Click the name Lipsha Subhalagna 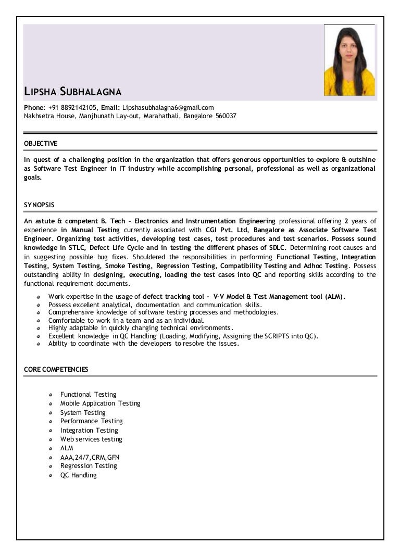tap(73, 93)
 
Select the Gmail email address tap(168, 107)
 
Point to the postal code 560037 tap(226, 116)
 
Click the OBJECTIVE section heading tap(41, 143)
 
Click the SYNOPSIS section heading tap(39, 205)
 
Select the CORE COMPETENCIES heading tap(56, 370)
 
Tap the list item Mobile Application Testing tap(100, 403)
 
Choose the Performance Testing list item tap(91, 421)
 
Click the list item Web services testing tap(91, 439)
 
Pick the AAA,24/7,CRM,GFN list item tap(90, 457)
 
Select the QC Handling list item tap(78, 475)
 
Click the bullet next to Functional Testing tap(51, 395)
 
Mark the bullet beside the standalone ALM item tap(51, 448)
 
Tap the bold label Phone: tap(35, 107)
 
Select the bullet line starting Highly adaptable tap(141, 328)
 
